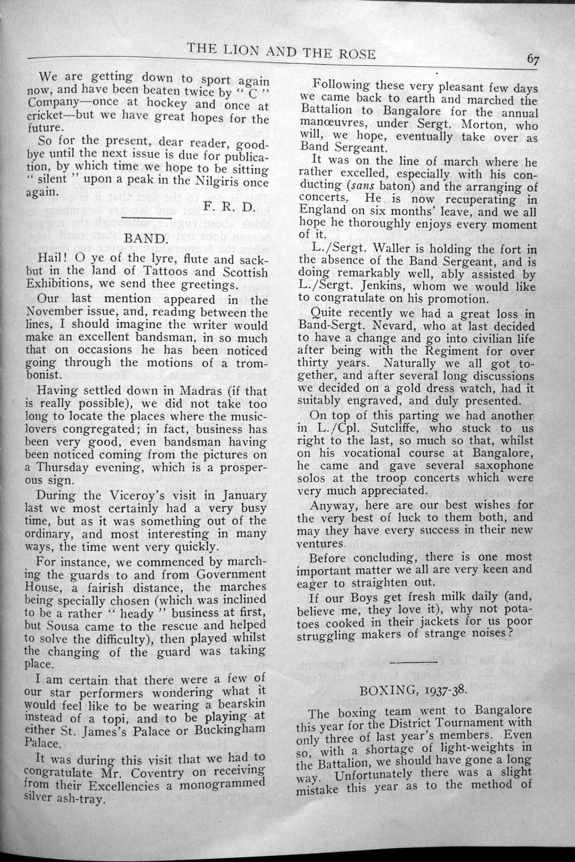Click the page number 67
[533, 59]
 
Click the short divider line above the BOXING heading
[417, 662]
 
